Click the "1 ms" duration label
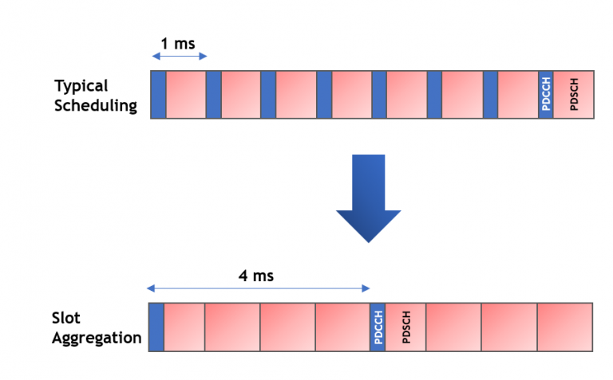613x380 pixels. [x=177, y=43]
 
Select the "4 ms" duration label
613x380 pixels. [x=255, y=276]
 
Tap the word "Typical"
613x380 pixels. [x=81, y=86]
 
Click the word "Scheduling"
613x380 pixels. [x=96, y=105]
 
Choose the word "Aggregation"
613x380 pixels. [x=97, y=338]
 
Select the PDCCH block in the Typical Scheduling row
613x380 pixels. [x=546, y=94]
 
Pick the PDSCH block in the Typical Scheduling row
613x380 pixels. [x=574, y=94]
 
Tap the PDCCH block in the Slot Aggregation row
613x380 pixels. [x=378, y=326]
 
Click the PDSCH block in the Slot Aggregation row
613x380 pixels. [x=406, y=326]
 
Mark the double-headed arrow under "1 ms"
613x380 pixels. [x=179, y=57]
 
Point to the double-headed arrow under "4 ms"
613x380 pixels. [x=258, y=288]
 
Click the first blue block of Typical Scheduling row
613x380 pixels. [x=158, y=94]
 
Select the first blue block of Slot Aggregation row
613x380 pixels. [x=156, y=326]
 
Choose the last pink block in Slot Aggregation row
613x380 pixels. [x=564, y=326]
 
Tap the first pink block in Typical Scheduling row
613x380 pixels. [x=186, y=94]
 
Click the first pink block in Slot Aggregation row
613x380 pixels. [x=184, y=326]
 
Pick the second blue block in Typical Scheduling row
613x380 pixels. [x=213, y=94]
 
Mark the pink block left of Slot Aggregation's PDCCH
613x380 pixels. [x=342, y=326]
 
